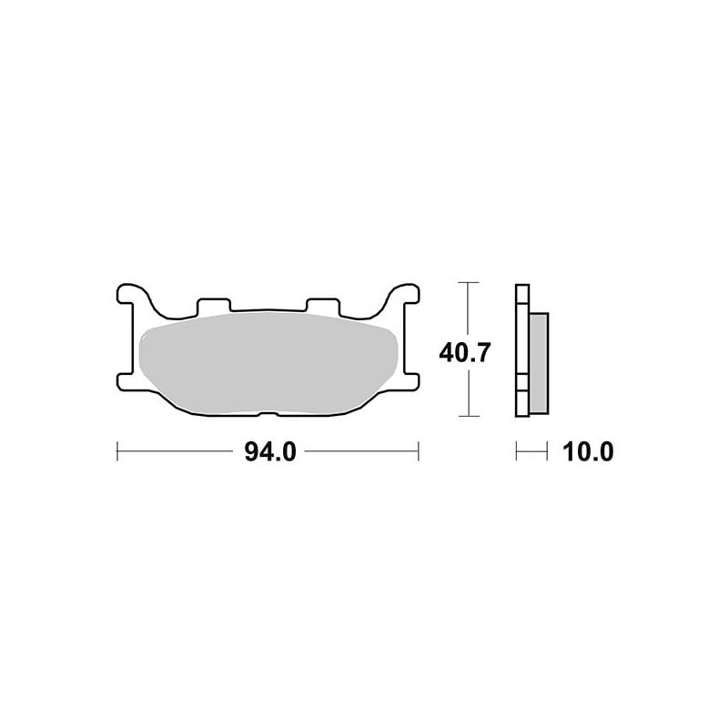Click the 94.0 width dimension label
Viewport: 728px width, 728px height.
pyautogui.click(x=269, y=451)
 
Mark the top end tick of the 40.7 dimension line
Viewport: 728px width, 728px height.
pyautogui.click(x=468, y=284)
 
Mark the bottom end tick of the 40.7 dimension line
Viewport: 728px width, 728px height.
pyautogui.click(x=468, y=417)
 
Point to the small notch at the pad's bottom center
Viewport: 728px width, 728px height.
pyautogui.click(x=268, y=418)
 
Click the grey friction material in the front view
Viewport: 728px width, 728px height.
pyautogui.click(x=268, y=364)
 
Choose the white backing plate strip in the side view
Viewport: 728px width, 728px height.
pyautogui.click(x=521, y=350)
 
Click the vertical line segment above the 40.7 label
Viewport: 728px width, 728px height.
pyautogui.click(x=468, y=309)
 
